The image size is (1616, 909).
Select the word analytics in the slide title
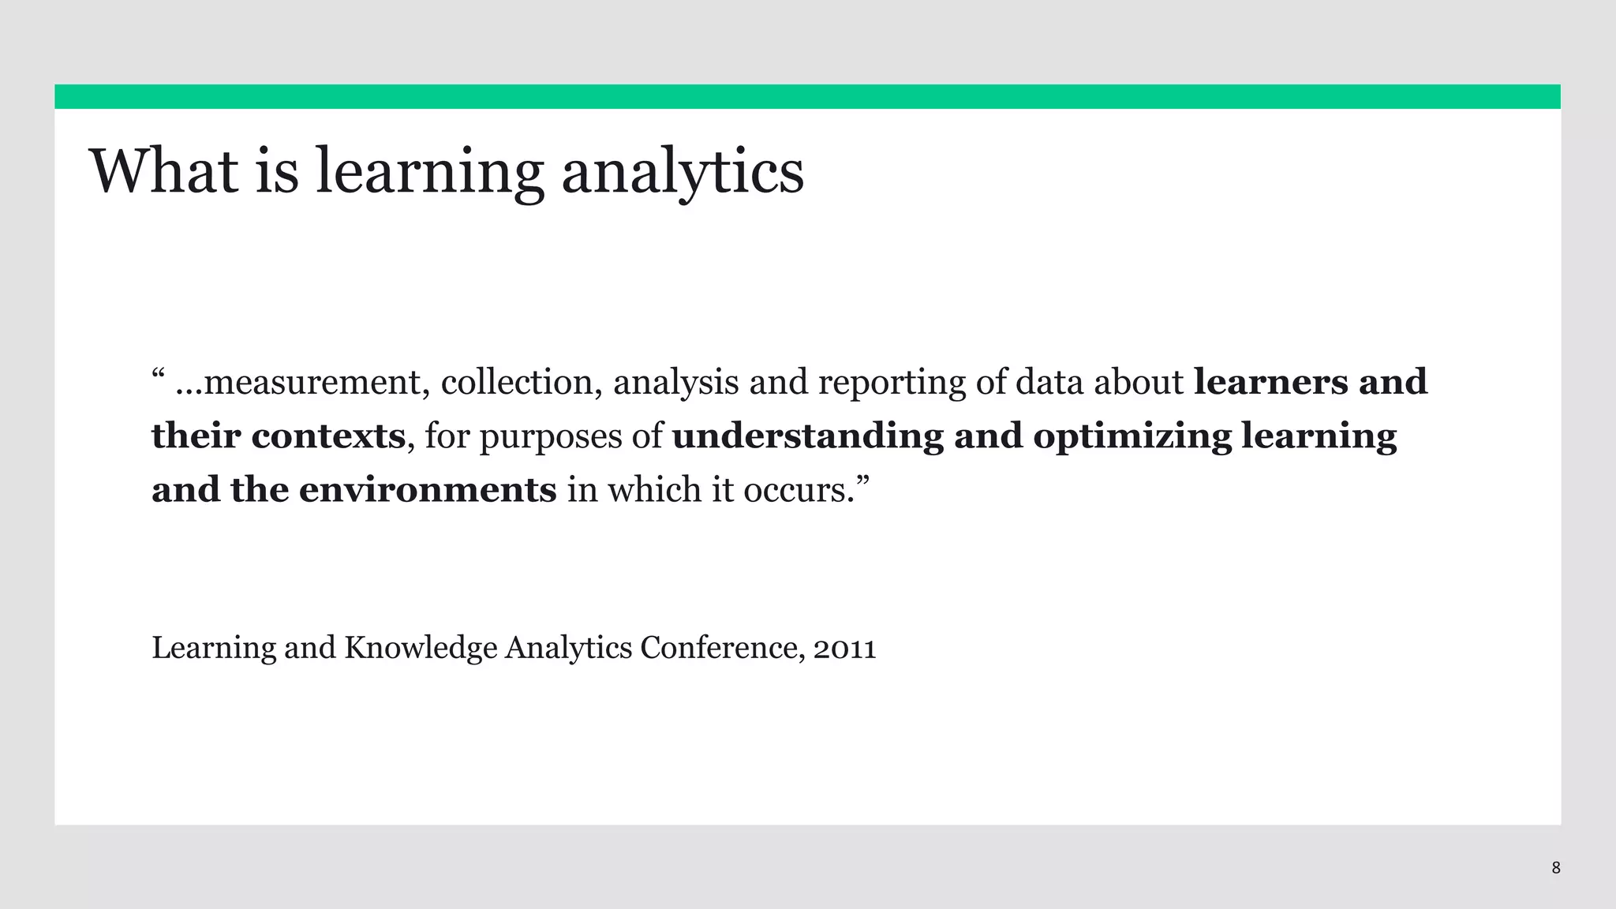[x=683, y=172]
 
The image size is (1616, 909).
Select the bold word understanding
[x=807, y=436]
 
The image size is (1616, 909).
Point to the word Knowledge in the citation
[x=421, y=649]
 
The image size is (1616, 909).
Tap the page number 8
[x=1555, y=868]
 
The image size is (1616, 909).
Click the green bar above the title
[x=807, y=96]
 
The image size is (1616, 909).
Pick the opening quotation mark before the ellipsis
[x=157, y=372]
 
